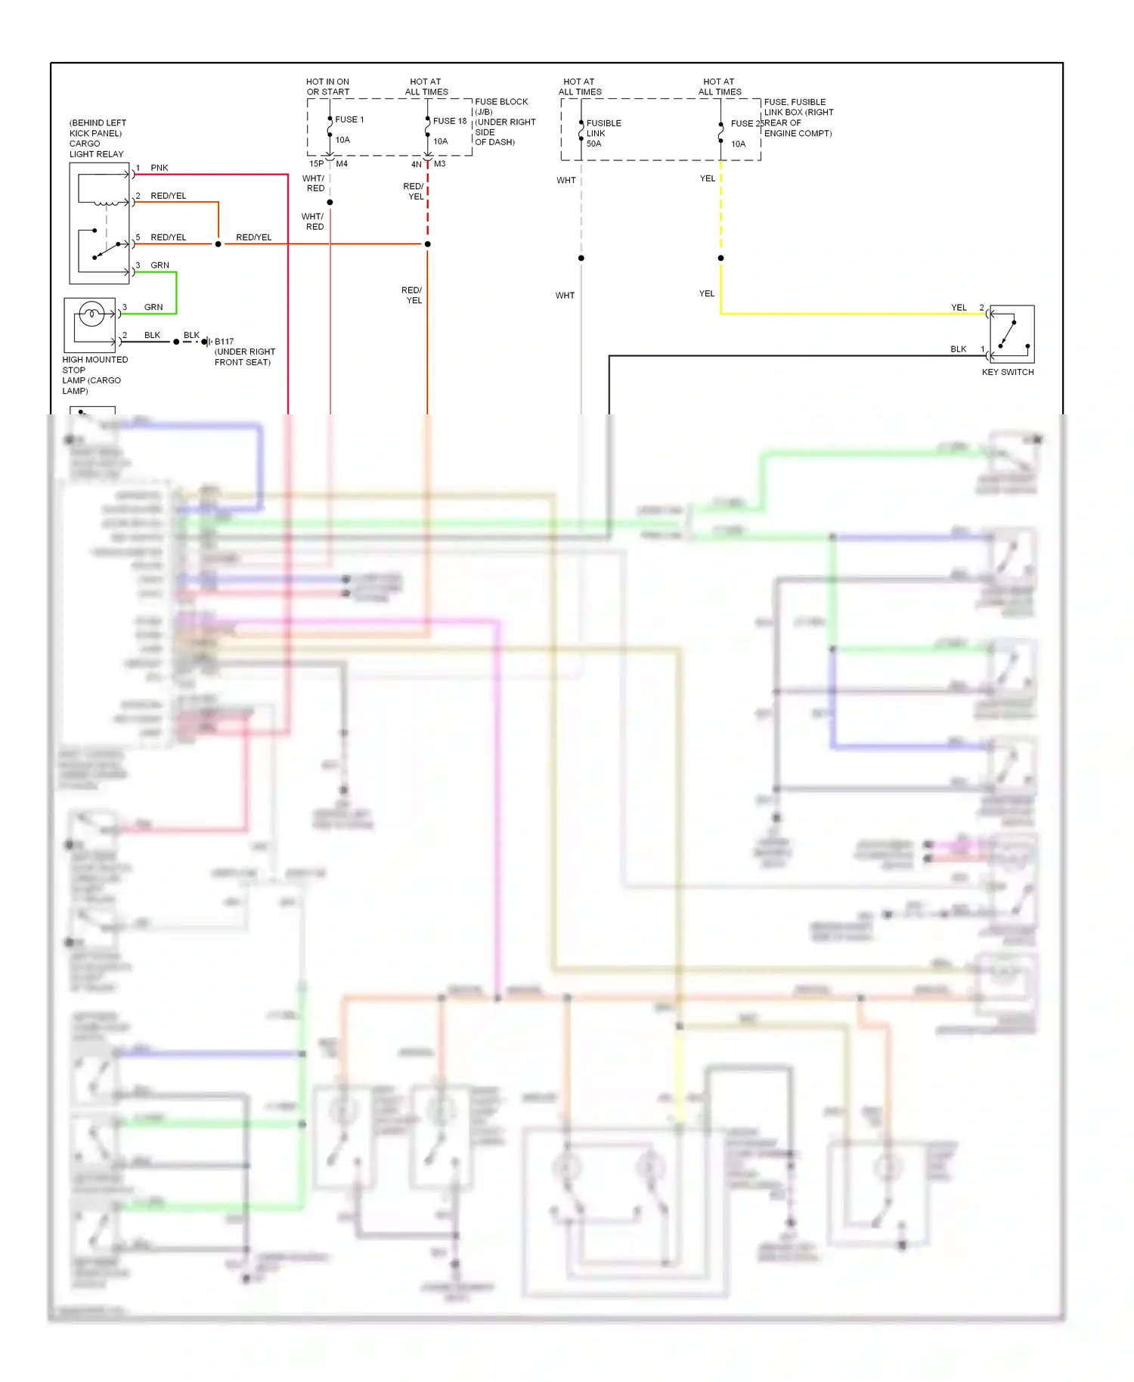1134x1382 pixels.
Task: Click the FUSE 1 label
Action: [x=349, y=119]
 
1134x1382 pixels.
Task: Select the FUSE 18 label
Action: [x=450, y=121]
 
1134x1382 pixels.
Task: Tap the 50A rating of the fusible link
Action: [x=594, y=144]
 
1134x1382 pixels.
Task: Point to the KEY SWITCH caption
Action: [x=1008, y=372]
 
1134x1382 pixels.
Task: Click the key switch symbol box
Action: [x=1012, y=334]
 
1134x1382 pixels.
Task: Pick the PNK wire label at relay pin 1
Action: [x=160, y=168]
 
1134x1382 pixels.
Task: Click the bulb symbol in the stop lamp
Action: [x=91, y=313]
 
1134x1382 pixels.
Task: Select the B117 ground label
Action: [x=225, y=342]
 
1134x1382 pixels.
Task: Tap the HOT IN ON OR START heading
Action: [x=328, y=87]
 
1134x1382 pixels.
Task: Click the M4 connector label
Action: [x=342, y=164]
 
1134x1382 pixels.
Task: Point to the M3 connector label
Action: [x=440, y=164]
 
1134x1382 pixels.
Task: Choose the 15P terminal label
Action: [x=316, y=164]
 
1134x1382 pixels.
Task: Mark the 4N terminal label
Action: [x=416, y=164]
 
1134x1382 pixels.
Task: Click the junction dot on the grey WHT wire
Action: [x=581, y=259]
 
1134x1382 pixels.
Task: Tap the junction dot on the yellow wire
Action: [x=721, y=259]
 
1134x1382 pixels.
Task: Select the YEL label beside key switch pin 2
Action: [x=959, y=308]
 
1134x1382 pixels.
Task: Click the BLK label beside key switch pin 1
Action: [x=959, y=349]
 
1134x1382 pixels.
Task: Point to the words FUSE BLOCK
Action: [x=501, y=102]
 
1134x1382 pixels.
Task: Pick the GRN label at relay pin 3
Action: [x=160, y=265]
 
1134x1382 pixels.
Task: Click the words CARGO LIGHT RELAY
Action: [x=96, y=149]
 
